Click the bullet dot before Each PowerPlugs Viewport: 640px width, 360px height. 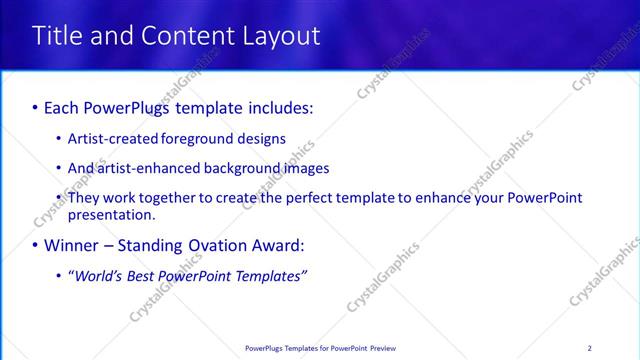click(36, 106)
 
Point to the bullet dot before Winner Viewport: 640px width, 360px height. click(36, 245)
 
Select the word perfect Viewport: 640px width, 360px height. click(306, 198)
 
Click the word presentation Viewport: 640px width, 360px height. click(110, 214)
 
